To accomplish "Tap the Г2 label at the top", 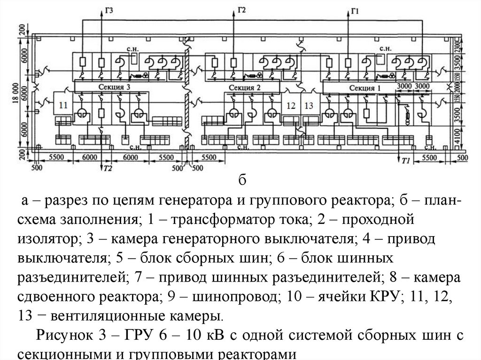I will pyautogui.click(x=242, y=9).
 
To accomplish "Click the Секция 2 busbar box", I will pyautogui.click(x=244, y=87).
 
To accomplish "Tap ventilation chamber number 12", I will pyautogui.click(x=291, y=106).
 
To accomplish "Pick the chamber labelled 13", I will pyautogui.click(x=308, y=106).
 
